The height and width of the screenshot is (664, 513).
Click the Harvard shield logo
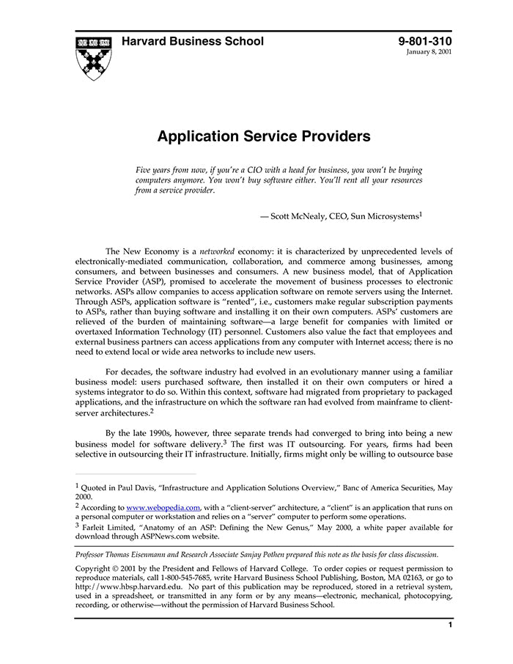(93, 56)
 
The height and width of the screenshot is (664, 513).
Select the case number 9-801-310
(425, 41)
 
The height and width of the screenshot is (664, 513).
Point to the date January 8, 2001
(429, 53)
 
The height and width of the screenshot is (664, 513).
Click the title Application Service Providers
(263, 136)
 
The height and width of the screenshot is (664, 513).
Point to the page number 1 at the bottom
(450, 625)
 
